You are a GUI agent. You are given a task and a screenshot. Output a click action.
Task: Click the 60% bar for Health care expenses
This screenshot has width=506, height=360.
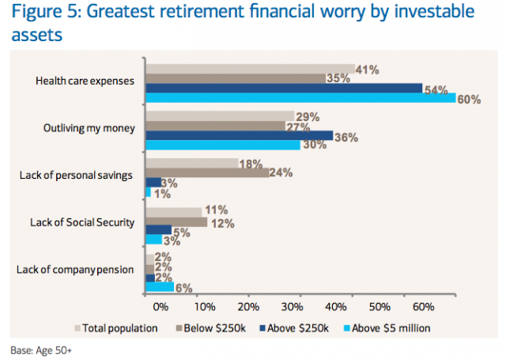[300, 98]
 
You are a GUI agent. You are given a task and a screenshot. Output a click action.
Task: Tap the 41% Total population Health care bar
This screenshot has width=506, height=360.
[250, 69]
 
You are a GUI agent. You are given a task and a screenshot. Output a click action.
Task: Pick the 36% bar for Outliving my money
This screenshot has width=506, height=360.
[239, 135]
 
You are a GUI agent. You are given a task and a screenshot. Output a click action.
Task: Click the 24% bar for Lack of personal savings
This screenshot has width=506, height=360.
[207, 172]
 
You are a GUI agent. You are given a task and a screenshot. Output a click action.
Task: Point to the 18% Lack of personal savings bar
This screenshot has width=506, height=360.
[191, 163]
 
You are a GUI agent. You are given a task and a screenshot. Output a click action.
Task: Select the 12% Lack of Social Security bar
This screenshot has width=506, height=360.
[176, 221]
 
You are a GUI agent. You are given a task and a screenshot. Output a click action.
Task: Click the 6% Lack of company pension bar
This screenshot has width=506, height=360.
[160, 287]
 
